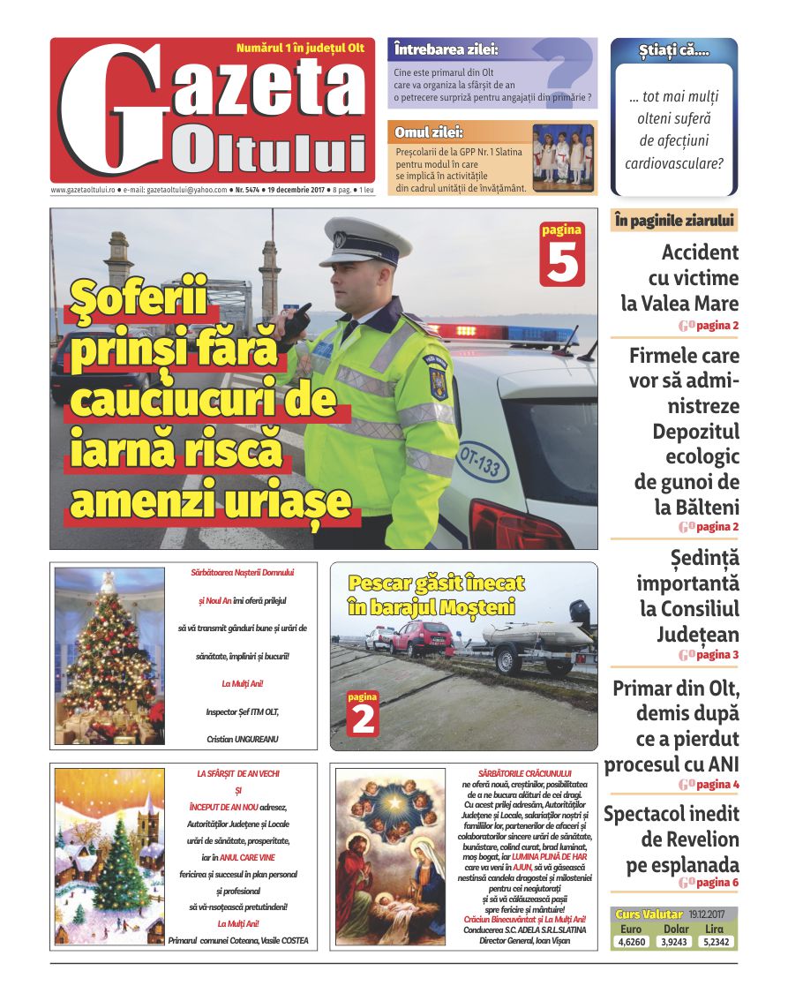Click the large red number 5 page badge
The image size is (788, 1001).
(x=562, y=255)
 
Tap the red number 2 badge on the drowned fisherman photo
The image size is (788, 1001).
(x=363, y=715)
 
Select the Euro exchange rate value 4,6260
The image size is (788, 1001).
(x=632, y=942)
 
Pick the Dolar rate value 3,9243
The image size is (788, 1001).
(x=676, y=942)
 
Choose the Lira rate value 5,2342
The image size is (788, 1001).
(x=716, y=942)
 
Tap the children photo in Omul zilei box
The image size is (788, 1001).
(x=563, y=156)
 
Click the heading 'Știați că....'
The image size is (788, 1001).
(x=674, y=51)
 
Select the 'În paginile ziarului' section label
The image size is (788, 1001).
(x=674, y=221)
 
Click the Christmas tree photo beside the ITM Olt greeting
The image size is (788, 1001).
(x=109, y=655)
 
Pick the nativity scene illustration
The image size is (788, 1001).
(x=390, y=855)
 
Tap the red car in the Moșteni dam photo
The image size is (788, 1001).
(x=423, y=637)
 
